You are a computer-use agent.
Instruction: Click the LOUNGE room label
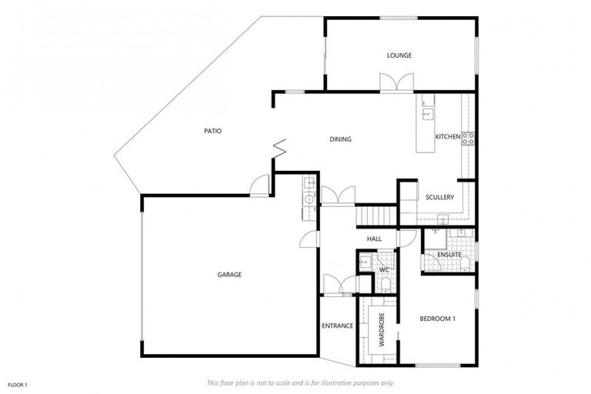pos(399,55)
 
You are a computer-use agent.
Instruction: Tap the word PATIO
pos(212,131)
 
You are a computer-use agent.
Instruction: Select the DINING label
pos(340,139)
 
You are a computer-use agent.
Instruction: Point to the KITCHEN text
pos(447,137)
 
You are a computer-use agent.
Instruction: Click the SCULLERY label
pos(439,198)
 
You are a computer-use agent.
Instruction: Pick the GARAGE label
pos(229,275)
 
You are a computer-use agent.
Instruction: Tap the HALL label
pos(375,239)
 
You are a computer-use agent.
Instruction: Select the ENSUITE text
pos(449,255)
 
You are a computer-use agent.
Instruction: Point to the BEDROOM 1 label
pos(438,319)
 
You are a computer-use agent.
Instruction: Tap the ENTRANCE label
pos(337,326)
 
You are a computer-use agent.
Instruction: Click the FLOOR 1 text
pos(18,384)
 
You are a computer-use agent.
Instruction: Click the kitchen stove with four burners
pos(467,139)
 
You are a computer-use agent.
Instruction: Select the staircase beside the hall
pos(377,215)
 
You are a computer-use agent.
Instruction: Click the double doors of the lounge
pos(396,82)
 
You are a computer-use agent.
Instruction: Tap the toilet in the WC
pos(386,285)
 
